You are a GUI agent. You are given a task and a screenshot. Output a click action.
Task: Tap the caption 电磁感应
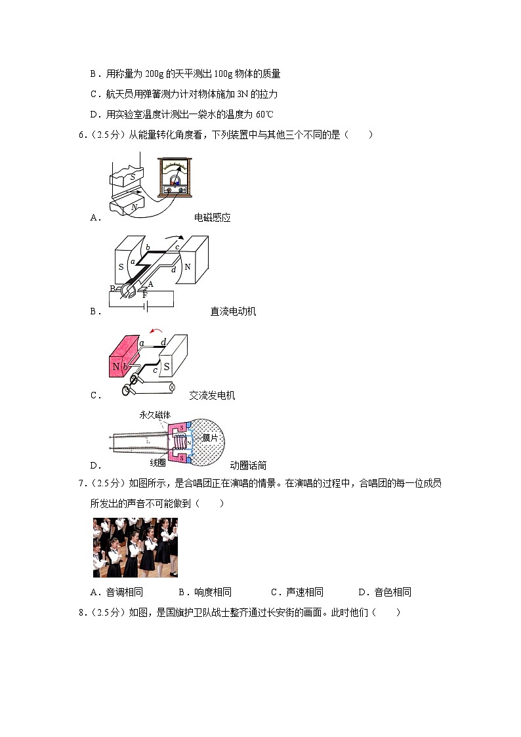(212, 218)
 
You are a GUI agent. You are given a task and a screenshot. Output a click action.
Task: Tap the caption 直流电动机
(233, 311)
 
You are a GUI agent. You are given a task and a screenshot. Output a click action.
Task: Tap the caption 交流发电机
(212, 395)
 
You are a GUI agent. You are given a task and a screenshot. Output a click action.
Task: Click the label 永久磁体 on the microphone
(155, 415)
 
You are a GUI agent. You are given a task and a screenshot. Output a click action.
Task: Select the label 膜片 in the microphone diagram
(210, 438)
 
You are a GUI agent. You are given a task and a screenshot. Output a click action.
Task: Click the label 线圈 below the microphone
(158, 463)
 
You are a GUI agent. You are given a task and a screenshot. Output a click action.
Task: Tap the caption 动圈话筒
(248, 465)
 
